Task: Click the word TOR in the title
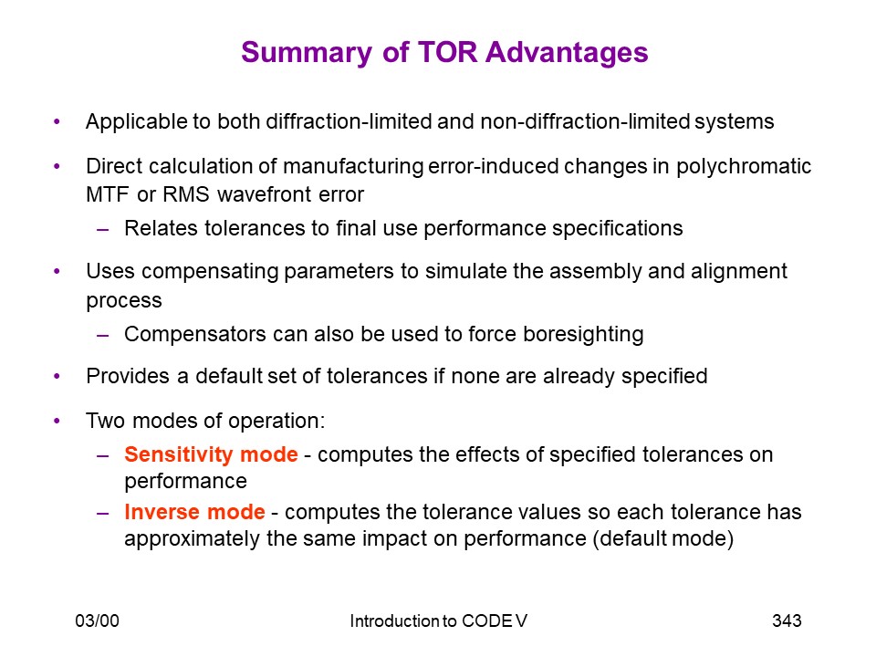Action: (x=447, y=53)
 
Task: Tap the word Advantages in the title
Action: (x=567, y=53)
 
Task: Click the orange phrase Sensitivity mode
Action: (x=211, y=454)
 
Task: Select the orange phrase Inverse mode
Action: (x=194, y=512)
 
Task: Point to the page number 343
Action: (x=787, y=620)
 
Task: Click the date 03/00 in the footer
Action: (x=98, y=620)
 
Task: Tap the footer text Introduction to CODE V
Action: (x=439, y=620)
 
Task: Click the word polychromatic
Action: (x=744, y=166)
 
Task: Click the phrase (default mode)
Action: (x=663, y=538)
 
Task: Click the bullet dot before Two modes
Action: (x=57, y=421)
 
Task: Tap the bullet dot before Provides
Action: (x=57, y=376)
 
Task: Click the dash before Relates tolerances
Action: (x=103, y=229)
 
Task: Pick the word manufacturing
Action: (x=353, y=166)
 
